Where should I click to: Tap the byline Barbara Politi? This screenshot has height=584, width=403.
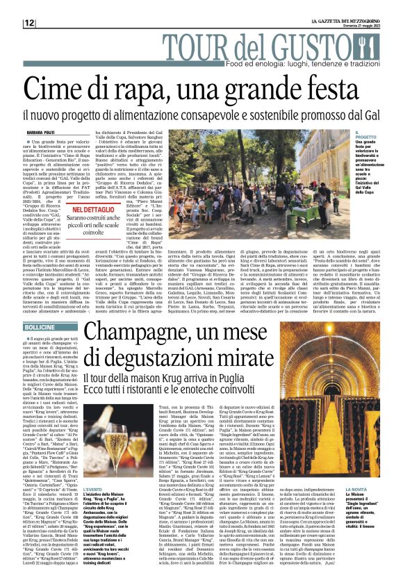42,131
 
